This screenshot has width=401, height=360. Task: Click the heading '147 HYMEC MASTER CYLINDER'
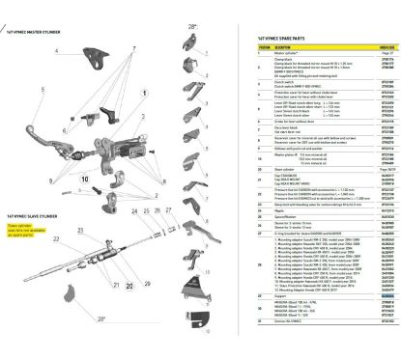40,33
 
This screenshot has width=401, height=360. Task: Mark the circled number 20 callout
129,313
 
